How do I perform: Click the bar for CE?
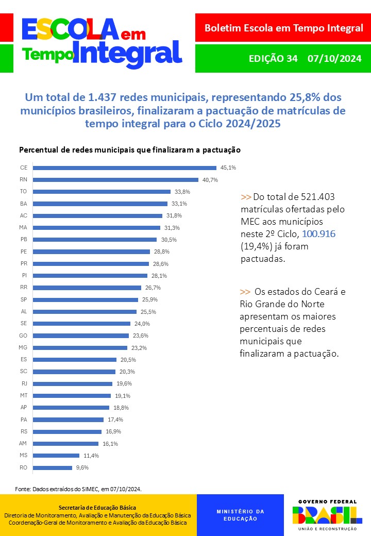pos(125,167)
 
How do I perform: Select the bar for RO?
pos(53,467)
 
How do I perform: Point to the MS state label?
pos(24,456)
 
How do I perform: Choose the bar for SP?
pos(86,299)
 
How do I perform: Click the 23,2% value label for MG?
pos(139,348)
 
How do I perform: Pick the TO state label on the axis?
pos(24,192)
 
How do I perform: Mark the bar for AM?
pos(65,443)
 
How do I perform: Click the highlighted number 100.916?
pos(319,233)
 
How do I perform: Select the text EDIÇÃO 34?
pos(273,58)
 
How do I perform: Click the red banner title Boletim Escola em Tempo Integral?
pos(283,28)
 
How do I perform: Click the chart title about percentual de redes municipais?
pos(130,150)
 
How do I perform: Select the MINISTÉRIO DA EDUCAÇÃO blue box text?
pos(240,515)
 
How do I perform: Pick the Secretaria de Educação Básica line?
pos(97,508)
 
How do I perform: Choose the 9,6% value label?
pos(82,467)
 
